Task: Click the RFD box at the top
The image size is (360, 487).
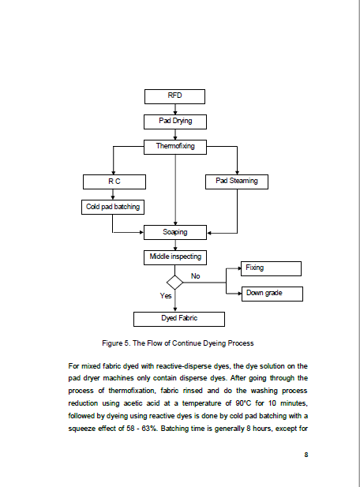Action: pyautogui.click(x=174, y=96)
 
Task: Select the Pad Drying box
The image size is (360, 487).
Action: pyautogui.click(x=175, y=122)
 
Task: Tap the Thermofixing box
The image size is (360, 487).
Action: pyautogui.click(x=175, y=147)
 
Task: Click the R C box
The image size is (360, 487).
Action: pyautogui.click(x=114, y=182)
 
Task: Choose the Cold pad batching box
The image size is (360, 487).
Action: pyautogui.click(x=113, y=207)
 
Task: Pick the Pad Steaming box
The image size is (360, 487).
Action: pyautogui.click(x=237, y=182)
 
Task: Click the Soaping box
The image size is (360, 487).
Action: pyautogui.click(x=175, y=232)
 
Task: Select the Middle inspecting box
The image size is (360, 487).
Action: pyautogui.click(x=175, y=257)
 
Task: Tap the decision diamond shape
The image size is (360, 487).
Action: pyautogui.click(x=175, y=283)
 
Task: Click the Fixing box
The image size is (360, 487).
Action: pyautogui.click(x=271, y=268)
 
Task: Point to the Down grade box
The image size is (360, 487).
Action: pyautogui.click(x=272, y=294)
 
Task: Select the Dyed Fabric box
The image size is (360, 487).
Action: pyautogui.click(x=179, y=319)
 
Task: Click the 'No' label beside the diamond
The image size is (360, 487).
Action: pyautogui.click(x=195, y=276)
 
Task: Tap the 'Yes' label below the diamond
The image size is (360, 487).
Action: pyautogui.click(x=166, y=296)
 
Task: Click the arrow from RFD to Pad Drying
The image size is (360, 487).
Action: pyautogui.click(x=175, y=110)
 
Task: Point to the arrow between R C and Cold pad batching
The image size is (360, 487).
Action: pyautogui.click(x=113, y=194)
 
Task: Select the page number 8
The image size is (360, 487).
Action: pyautogui.click(x=306, y=455)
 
